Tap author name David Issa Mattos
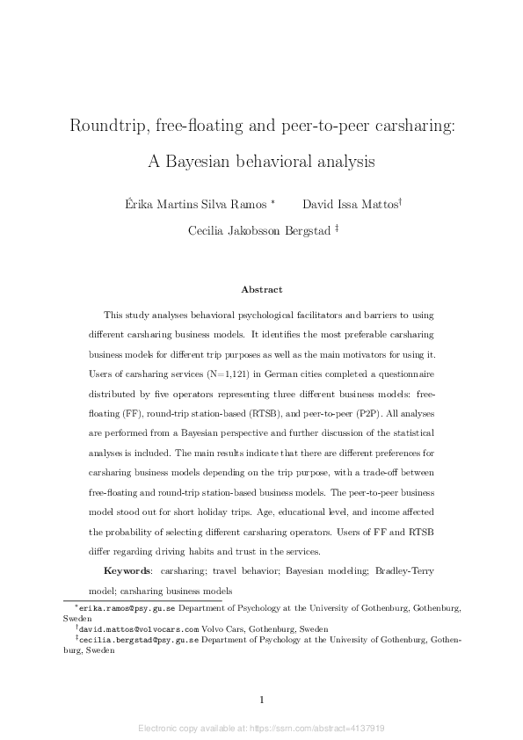pyautogui.click(x=349, y=205)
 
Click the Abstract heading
pyautogui.click(x=261, y=288)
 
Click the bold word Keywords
pyautogui.click(x=128, y=572)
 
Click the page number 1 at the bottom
pyautogui.click(x=261, y=700)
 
